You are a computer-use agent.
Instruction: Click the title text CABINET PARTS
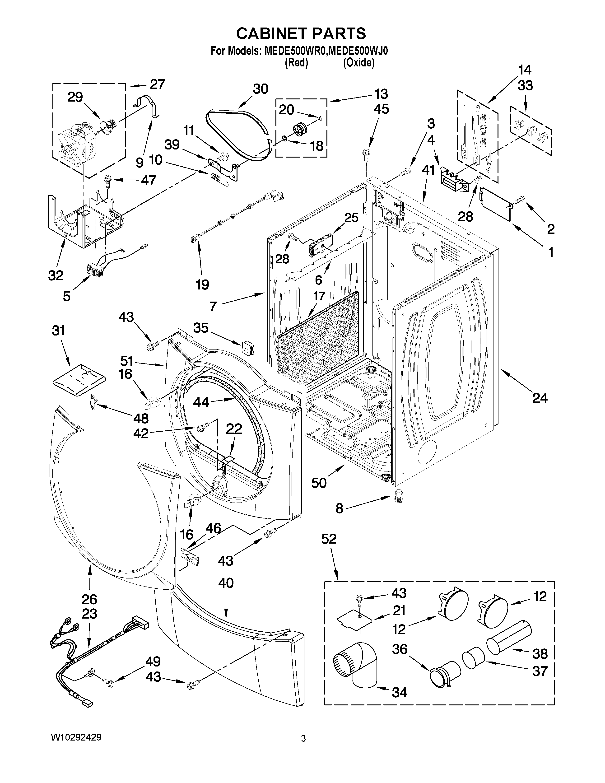301,33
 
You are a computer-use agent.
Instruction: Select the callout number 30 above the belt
260,89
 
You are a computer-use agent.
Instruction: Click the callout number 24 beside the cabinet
540,398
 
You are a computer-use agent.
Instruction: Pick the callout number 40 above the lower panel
226,583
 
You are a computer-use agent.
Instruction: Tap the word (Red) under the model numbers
296,63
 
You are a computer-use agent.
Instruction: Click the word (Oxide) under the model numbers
358,63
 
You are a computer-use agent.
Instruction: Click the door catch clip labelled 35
247,346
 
